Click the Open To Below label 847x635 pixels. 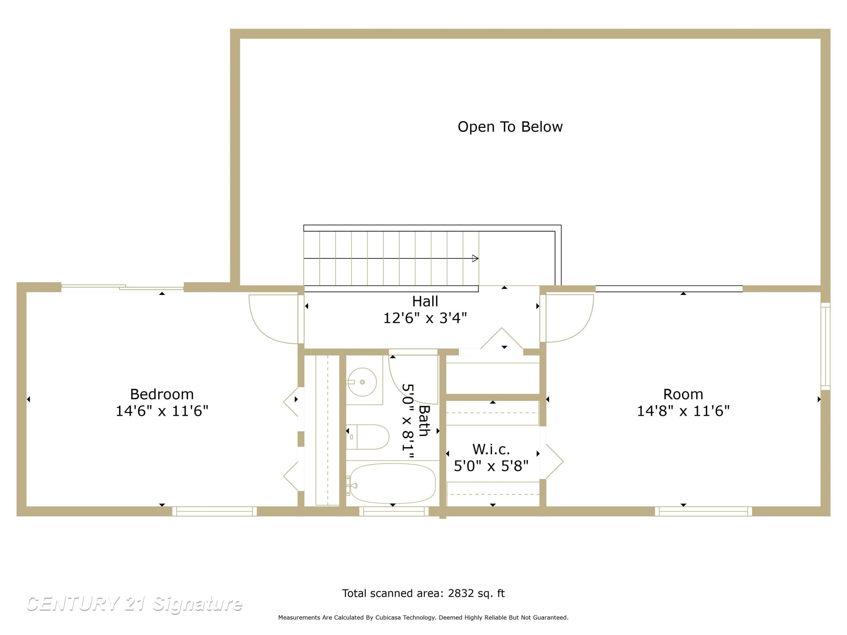[510, 127]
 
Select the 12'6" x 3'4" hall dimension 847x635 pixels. [425, 318]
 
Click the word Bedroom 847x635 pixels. [162, 394]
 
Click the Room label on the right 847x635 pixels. [683, 394]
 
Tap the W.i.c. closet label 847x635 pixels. [491, 449]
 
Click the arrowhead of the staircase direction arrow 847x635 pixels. [475, 258]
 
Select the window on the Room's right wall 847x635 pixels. [825, 346]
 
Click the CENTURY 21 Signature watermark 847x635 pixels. [134, 604]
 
